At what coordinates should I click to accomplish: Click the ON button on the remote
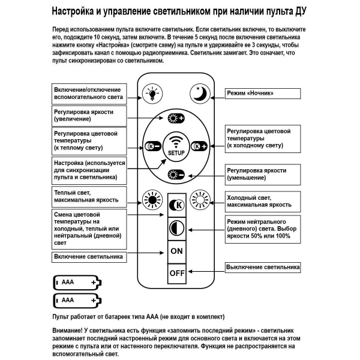coord(176,251)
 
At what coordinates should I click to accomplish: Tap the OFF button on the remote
coord(176,273)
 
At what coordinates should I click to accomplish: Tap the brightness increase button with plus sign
coord(176,118)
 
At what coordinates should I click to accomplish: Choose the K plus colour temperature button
coord(199,146)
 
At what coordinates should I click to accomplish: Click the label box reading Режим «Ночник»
coord(262,94)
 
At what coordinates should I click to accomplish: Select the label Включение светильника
coord(89,257)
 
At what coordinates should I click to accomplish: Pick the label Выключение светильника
coord(262,267)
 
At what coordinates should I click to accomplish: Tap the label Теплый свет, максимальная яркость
coord(89,196)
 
